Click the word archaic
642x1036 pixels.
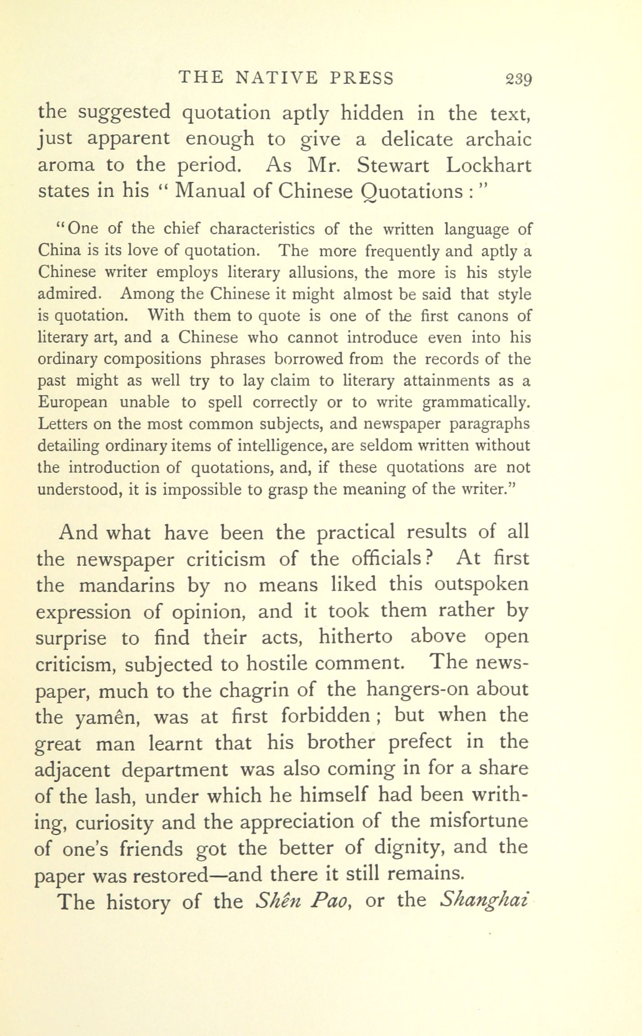click(498, 139)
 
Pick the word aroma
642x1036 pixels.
click(66, 166)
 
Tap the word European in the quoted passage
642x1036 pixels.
click(73, 402)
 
